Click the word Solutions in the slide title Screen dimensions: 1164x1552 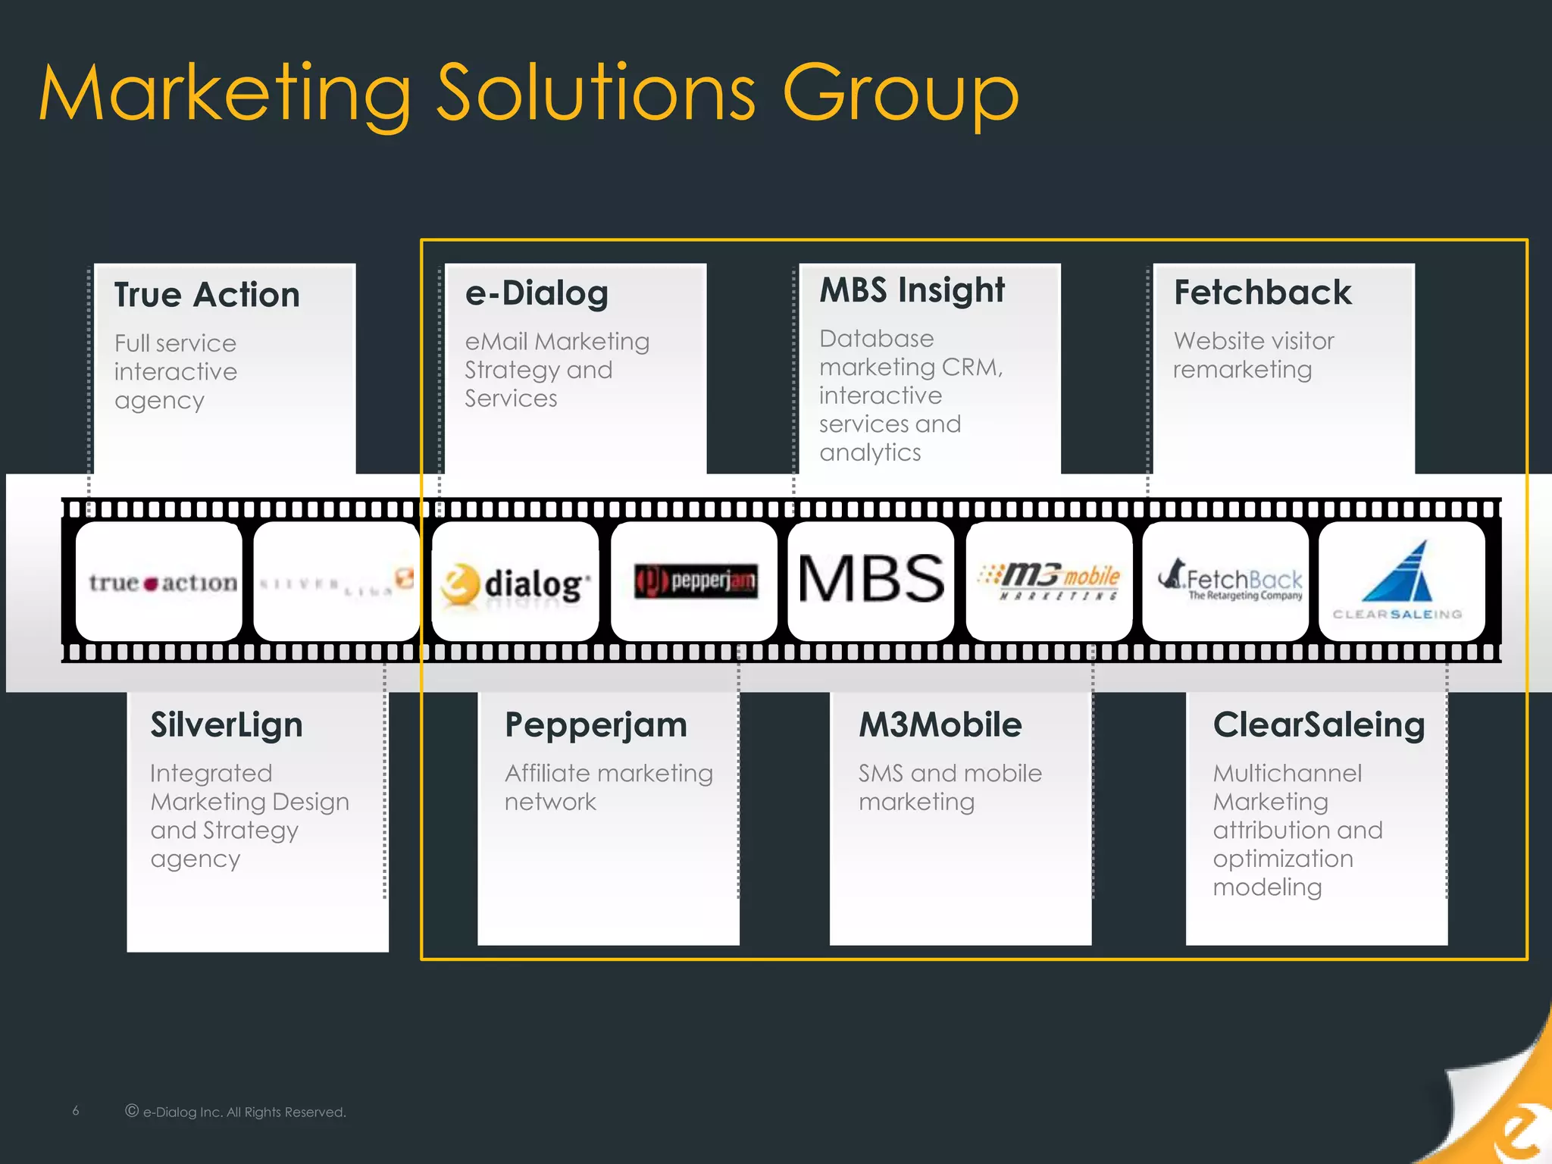click(x=596, y=94)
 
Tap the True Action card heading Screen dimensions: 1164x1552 click(x=207, y=295)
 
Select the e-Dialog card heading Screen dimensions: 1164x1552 click(x=537, y=293)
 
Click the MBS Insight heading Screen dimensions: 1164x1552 click(x=912, y=290)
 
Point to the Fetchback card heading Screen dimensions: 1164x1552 click(x=1262, y=293)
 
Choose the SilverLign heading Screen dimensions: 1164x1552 click(x=227, y=725)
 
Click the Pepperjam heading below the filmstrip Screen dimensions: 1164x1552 click(x=596, y=725)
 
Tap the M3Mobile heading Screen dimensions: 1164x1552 click(x=940, y=725)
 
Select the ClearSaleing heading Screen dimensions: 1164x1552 click(x=1319, y=725)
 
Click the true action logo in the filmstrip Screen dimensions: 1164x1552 click(x=161, y=582)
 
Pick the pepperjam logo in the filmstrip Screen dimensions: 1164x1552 click(x=695, y=581)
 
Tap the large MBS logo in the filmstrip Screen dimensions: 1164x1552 click(x=871, y=580)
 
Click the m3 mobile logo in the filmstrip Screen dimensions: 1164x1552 click(x=1050, y=581)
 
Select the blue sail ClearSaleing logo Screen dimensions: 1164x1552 click(x=1397, y=574)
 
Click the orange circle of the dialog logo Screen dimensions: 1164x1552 click(x=460, y=584)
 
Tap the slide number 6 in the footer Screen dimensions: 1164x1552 click(x=76, y=1111)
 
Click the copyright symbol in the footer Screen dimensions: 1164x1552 click(x=132, y=1111)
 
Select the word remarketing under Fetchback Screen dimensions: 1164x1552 click(x=1242, y=370)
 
